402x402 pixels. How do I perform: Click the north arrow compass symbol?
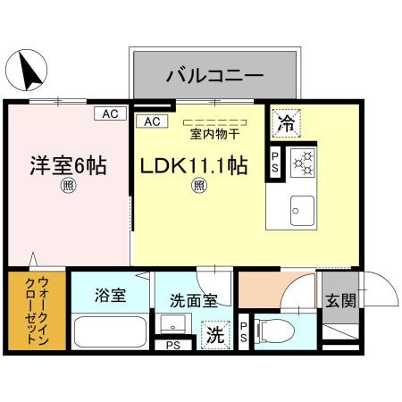click(30, 69)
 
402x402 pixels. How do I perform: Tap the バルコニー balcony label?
click(214, 75)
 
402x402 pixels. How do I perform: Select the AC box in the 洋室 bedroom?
click(109, 113)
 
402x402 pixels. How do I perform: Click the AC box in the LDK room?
click(149, 121)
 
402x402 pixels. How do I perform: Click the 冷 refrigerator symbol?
click(286, 123)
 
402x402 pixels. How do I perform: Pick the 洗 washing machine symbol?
click(215, 336)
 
